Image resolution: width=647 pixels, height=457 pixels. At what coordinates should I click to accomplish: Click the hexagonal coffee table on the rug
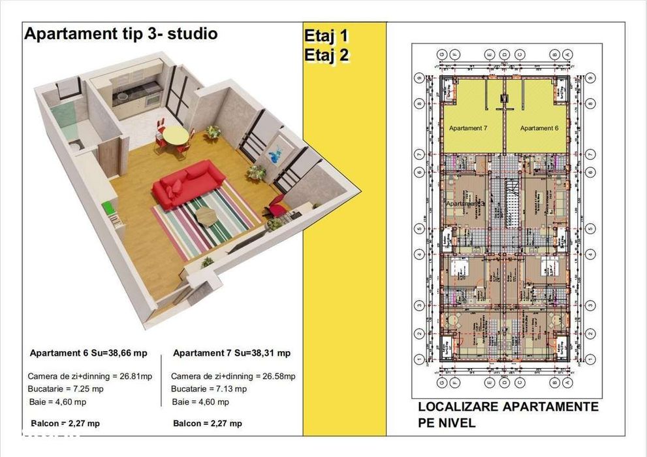tap(208, 215)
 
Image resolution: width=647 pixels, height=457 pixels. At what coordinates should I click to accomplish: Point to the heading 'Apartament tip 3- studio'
tap(121, 34)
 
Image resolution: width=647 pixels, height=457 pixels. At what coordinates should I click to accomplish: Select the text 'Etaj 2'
tap(326, 56)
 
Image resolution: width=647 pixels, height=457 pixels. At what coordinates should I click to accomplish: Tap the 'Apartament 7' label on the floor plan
tap(468, 128)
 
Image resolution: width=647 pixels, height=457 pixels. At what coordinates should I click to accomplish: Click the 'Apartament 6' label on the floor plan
tap(539, 128)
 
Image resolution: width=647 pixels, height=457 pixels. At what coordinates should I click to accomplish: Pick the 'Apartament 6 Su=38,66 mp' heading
tap(89, 353)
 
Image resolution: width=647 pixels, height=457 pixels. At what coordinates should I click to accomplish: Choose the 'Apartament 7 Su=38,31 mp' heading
tap(232, 353)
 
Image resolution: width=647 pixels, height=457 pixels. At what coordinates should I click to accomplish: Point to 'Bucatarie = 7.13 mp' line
tap(209, 389)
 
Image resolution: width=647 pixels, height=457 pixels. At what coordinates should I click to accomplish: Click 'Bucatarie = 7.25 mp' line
tap(65, 389)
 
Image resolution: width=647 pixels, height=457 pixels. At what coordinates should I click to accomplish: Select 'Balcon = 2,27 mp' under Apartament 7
tap(208, 424)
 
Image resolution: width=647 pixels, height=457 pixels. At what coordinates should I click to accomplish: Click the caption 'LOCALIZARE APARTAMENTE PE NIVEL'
tap(508, 415)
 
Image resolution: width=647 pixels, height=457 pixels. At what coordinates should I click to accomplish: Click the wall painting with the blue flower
tap(275, 151)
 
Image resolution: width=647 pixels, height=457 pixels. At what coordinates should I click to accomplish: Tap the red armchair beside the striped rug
tap(277, 209)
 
